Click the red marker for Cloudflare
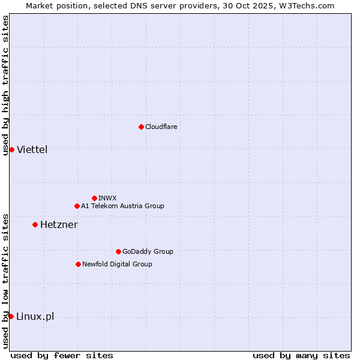141,127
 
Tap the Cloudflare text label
161,127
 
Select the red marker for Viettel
11,149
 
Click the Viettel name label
32,149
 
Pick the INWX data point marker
94,198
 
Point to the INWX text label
107,198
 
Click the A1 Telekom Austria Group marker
77,206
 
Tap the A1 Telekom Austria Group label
122,206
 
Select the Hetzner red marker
35,224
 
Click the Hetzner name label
59,224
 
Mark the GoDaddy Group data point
118,251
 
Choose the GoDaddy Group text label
148,251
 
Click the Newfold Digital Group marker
78,264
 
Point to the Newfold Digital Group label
117,264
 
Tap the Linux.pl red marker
11,316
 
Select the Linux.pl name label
35,316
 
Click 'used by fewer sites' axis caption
62,355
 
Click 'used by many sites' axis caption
301,355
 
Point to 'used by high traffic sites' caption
5,85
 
